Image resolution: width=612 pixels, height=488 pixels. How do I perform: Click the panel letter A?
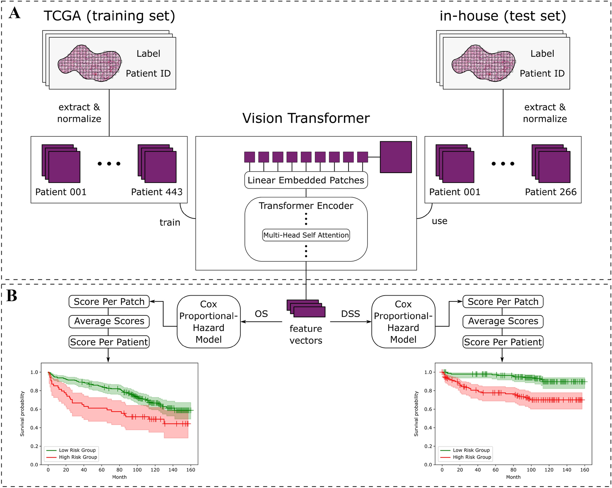[15, 13]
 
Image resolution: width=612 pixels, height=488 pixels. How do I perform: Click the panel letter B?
[12, 296]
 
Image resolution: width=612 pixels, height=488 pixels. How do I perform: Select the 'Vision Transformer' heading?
[306, 118]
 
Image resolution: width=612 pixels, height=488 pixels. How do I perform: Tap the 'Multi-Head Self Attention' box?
[306, 235]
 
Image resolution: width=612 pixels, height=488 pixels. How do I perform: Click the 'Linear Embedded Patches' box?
[306, 180]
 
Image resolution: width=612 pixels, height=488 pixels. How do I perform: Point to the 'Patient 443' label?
[157, 192]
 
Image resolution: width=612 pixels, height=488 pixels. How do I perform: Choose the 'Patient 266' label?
[550, 192]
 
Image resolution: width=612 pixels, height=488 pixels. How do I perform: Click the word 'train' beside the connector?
[170, 222]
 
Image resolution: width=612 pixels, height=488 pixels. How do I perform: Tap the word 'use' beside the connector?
[439, 221]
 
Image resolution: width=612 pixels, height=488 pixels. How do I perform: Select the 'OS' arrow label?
[261, 314]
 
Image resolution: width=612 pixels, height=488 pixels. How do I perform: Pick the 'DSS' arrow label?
[350, 314]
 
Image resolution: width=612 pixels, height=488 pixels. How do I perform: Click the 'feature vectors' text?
[306, 334]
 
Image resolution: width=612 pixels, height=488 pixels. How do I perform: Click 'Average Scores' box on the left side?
[109, 321]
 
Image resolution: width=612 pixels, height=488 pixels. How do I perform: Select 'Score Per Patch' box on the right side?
[503, 302]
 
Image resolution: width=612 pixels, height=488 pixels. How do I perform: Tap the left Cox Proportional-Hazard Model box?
[208, 322]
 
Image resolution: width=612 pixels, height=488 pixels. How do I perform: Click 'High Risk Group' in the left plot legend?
[78, 457]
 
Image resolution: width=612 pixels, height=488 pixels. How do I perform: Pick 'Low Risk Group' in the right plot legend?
[471, 450]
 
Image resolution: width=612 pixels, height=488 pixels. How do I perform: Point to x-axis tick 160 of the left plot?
[191, 470]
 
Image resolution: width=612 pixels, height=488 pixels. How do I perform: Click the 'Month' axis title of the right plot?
[513, 477]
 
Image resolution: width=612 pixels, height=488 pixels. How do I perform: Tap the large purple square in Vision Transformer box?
[396, 157]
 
